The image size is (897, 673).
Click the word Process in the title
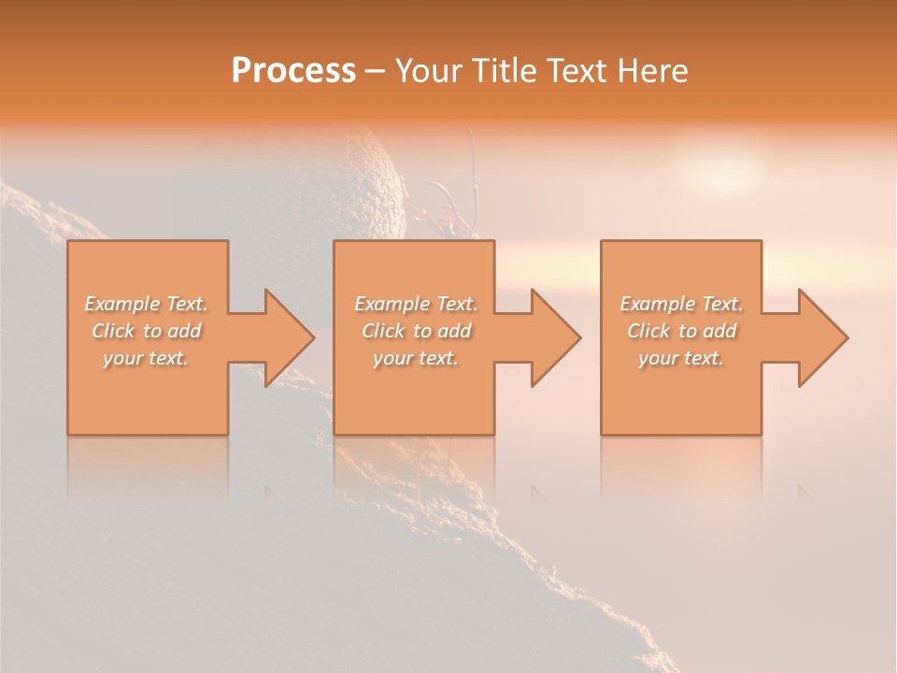[x=293, y=71]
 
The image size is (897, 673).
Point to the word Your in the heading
[x=426, y=71]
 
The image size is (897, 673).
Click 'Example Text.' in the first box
[x=146, y=304]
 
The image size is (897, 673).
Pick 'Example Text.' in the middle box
[x=416, y=304]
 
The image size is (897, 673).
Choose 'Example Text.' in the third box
[x=681, y=304]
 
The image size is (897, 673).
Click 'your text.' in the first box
[x=146, y=358]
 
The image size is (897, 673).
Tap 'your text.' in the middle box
[x=416, y=358]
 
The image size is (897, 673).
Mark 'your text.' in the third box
[x=681, y=358]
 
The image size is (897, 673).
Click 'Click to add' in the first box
[x=146, y=331]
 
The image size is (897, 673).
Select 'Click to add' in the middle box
[x=416, y=331]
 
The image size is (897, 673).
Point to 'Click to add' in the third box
[x=681, y=331]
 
